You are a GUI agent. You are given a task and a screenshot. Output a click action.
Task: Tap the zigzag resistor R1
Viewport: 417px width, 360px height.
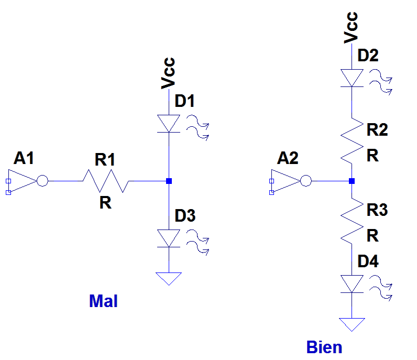pos(105,181)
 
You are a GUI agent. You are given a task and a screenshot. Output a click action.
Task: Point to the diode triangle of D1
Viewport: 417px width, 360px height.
pos(169,124)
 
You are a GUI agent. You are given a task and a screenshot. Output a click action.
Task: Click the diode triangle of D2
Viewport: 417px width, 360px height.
pos(352,78)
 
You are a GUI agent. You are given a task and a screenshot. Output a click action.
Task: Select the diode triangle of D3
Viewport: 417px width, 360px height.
pos(169,238)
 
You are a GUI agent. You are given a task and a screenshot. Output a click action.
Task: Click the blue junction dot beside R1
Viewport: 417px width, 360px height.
pos(169,181)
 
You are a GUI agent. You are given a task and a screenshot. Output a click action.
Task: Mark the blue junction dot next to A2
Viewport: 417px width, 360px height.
pos(352,181)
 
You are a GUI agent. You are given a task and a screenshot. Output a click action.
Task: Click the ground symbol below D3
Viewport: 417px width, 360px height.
pos(169,278)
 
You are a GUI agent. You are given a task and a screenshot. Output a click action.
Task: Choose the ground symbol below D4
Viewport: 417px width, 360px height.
pos(352,324)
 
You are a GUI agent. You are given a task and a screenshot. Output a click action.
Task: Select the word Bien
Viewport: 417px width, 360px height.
pos(324,347)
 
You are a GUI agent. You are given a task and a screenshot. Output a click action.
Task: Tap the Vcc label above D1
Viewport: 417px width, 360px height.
pos(168,73)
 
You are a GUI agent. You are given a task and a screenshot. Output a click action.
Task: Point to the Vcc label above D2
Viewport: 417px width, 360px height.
pos(352,27)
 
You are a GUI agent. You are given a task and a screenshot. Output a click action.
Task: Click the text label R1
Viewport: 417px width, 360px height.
pos(105,161)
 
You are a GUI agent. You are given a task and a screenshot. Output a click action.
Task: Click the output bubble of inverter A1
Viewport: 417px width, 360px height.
pos(42,181)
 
